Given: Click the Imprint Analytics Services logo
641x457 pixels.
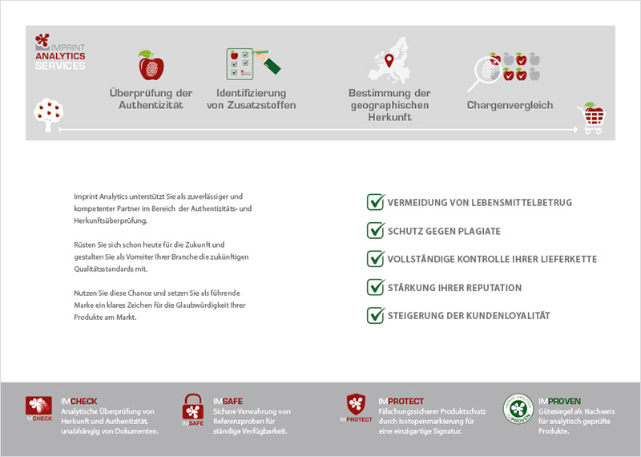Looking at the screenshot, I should coord(60,52).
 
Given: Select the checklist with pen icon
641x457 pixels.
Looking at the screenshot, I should coord(250,64).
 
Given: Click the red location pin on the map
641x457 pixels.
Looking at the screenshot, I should coord(389,60).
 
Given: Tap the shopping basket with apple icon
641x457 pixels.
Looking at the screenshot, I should coord(591,118).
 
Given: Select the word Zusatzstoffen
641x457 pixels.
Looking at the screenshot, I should coord(251,105).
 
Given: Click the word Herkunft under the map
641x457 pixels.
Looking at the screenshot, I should coord(389,117).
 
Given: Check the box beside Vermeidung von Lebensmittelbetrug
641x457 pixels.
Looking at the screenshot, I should coord(375,202).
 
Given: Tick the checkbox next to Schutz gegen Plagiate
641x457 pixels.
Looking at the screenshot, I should coord(375,231).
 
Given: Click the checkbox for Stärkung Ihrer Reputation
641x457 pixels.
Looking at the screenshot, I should coord(375,287).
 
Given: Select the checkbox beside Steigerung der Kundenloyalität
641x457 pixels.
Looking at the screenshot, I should coord(375,315).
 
